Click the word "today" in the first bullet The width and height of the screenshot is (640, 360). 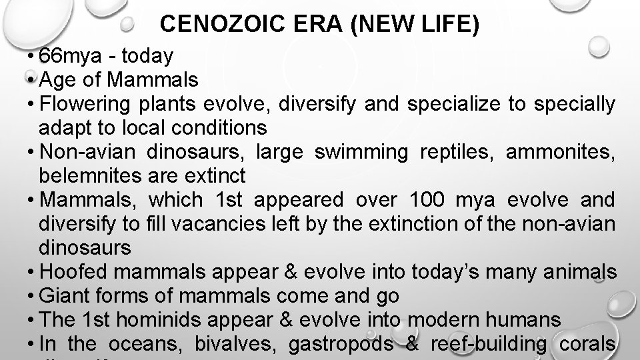147,56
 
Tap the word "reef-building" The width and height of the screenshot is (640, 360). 489,344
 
